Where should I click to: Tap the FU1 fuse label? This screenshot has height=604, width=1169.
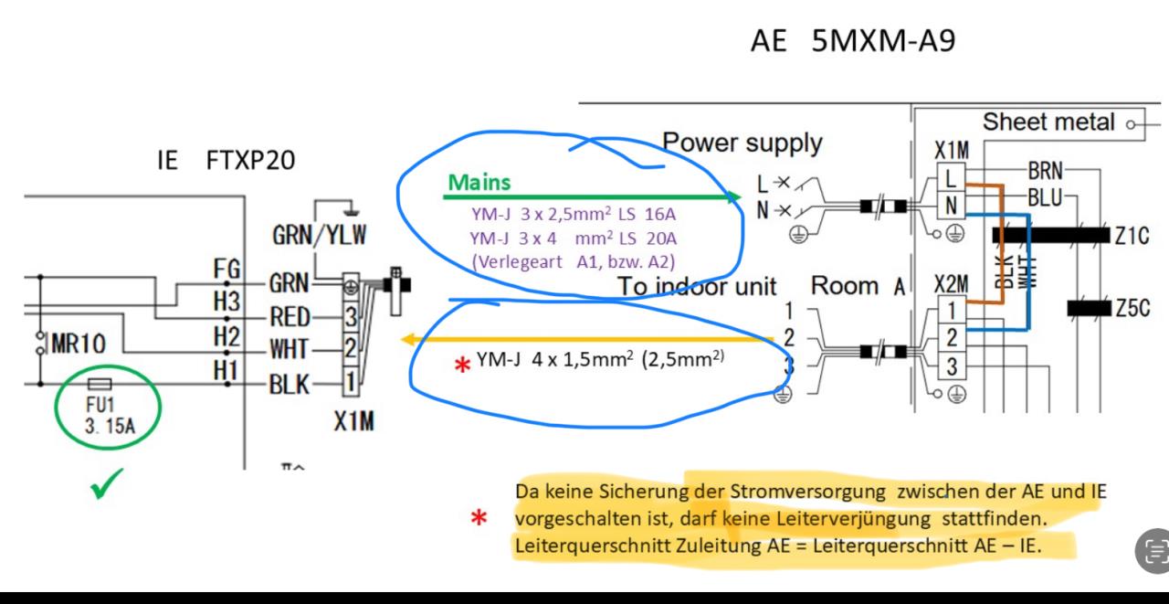coord(97,404)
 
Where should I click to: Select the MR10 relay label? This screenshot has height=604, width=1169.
coord(78,344)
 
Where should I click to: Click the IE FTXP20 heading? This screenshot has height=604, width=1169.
coord(226,162)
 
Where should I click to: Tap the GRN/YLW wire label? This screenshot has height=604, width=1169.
coord(320,236)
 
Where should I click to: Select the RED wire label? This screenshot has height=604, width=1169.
coord(290,317)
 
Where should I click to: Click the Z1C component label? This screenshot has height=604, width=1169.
coord(1130,236)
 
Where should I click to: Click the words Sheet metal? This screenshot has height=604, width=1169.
coord(1049,122)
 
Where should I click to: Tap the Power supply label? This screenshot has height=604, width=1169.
coord(742,143)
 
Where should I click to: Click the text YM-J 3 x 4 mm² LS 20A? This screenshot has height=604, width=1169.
coord(574,238)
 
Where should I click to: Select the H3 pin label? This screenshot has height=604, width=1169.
coord(226,301)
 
